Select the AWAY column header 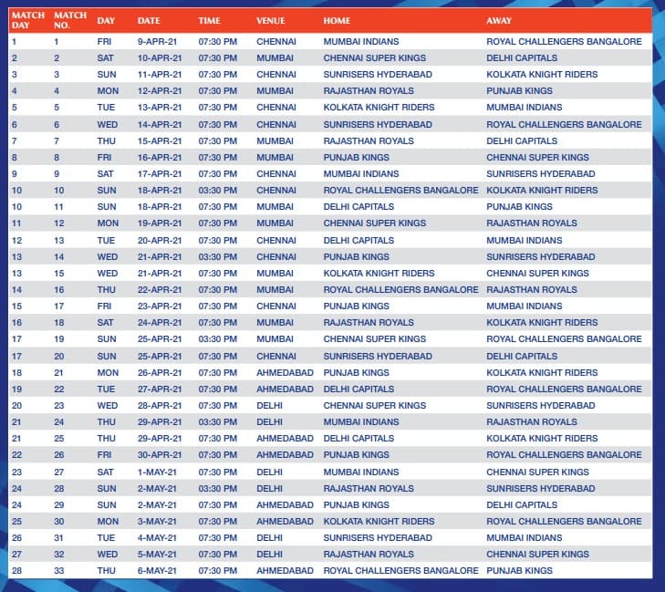click(x=499, y=20)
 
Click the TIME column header click(x=209, y=20)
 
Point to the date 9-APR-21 click(x=159, y=41)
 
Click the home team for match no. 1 click(x=361, y=41)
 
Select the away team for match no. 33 click(x=519, y=571)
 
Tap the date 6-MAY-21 click(x=159, y=571)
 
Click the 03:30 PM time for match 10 click(x=217, y=191)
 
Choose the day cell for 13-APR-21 click(x=106, y=108)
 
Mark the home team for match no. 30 click(x=379, y=521)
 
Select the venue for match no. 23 click(x=269, y=405)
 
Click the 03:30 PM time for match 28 click(x=217, y=488)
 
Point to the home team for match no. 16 click(x=400, y=289)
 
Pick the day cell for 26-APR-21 click(x=108, y=372)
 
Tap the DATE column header click(x=149, y=20)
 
